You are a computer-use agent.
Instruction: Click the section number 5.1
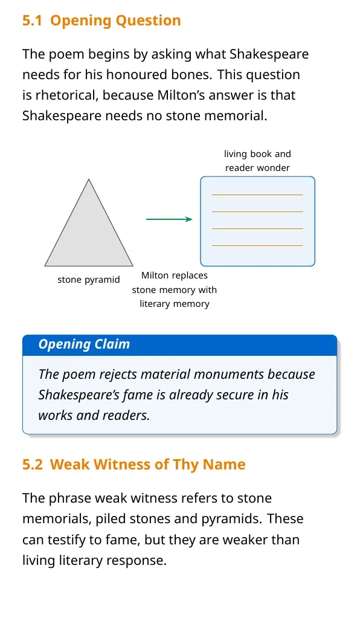[x=32, y=21]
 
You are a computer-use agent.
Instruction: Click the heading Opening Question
[x=115, y=21]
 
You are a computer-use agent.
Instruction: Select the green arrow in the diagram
[x=169, y=219]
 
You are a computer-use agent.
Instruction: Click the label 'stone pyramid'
[x=89, y=280]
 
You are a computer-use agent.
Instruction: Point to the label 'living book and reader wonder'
[x=257, y=161]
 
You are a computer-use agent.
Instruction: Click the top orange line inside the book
[x=257, y=195]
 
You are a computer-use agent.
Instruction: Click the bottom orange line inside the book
[x=257, y=245]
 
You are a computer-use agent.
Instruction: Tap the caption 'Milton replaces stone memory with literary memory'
[x=175, y=289]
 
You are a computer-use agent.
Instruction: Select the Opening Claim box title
[x=84, y=344]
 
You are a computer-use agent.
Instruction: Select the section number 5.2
[x=32, y=465]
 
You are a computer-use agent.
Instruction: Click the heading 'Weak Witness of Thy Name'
[x=148, y=465]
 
